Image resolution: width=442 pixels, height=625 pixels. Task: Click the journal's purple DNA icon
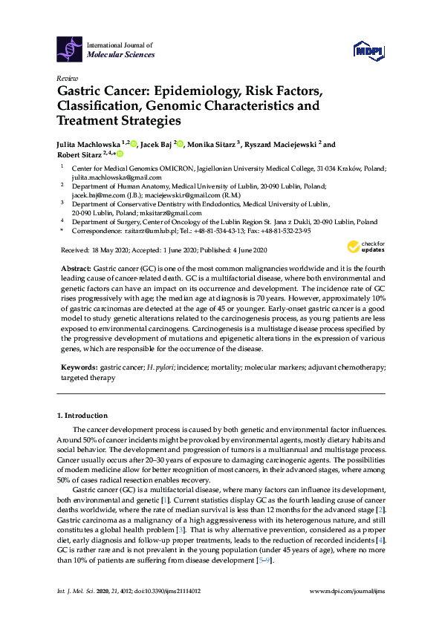(70, 50)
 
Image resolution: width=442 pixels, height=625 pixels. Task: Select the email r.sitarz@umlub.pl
(160, 231)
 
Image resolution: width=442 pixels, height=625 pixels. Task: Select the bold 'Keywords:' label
(78, 367)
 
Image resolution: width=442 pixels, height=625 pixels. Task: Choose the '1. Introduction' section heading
(82, 416)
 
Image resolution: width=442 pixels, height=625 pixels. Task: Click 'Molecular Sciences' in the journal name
(121, 55)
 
